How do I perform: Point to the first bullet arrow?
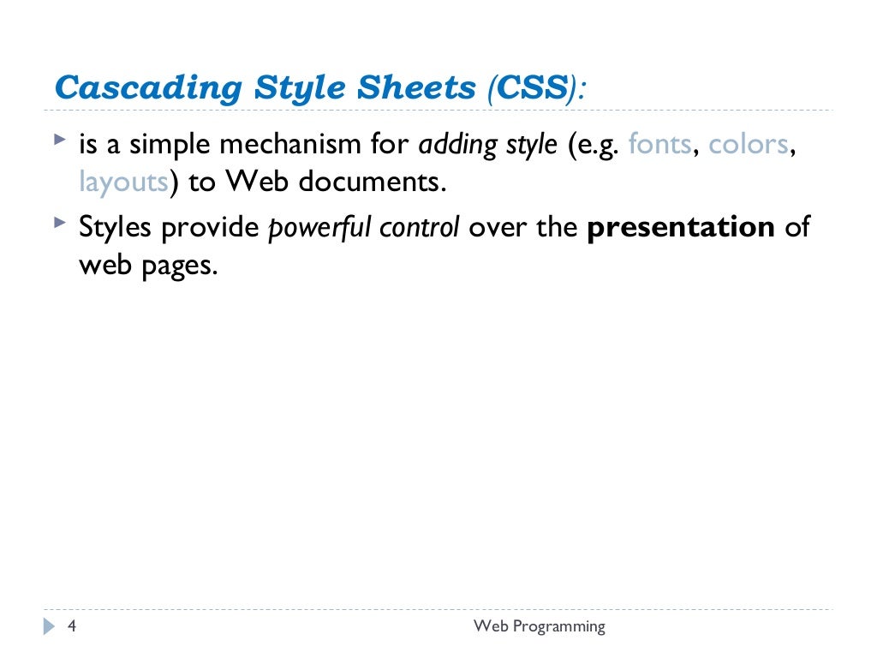tap(58, 138)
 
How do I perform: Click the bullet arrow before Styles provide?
tap(58, 222)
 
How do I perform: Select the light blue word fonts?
tap(659, 145)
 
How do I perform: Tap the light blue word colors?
tap(748, 145)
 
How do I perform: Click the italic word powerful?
tap(314, 228)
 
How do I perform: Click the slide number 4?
tap(72, 626)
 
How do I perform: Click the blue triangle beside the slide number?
tap(48, 626)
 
